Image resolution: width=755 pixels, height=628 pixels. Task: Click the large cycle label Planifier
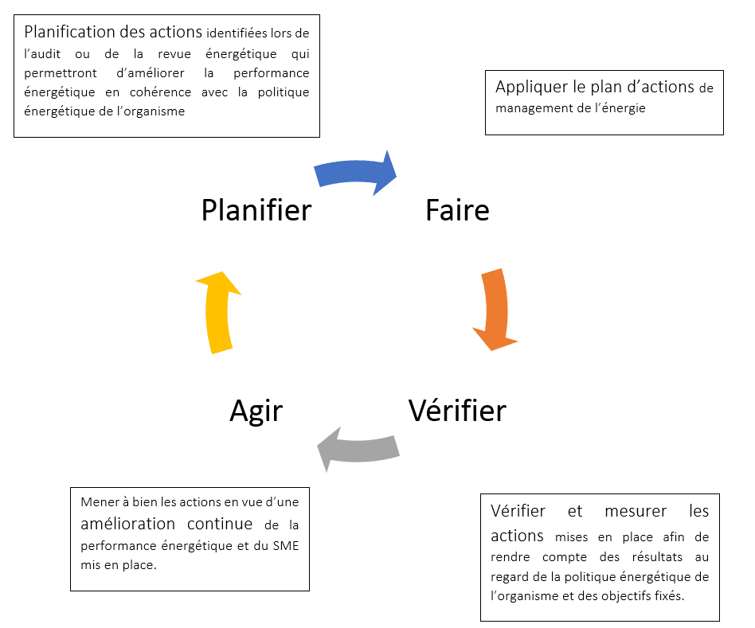coord(256,210)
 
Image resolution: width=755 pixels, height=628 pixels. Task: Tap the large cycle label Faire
coord(457,210)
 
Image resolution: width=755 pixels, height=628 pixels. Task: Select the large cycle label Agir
coord(256,411)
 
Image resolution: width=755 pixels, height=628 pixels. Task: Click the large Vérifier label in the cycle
coord(457,411)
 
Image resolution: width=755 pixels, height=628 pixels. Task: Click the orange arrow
coord(495,310)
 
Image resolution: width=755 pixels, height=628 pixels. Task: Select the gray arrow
coord(358,451)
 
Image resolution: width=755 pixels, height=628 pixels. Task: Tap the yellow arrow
coord(218,312)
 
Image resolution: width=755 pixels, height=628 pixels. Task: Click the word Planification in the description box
coord(73,33)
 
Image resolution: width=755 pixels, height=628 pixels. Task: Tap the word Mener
coord(98,502)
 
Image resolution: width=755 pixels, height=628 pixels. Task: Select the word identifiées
coord(238,34)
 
